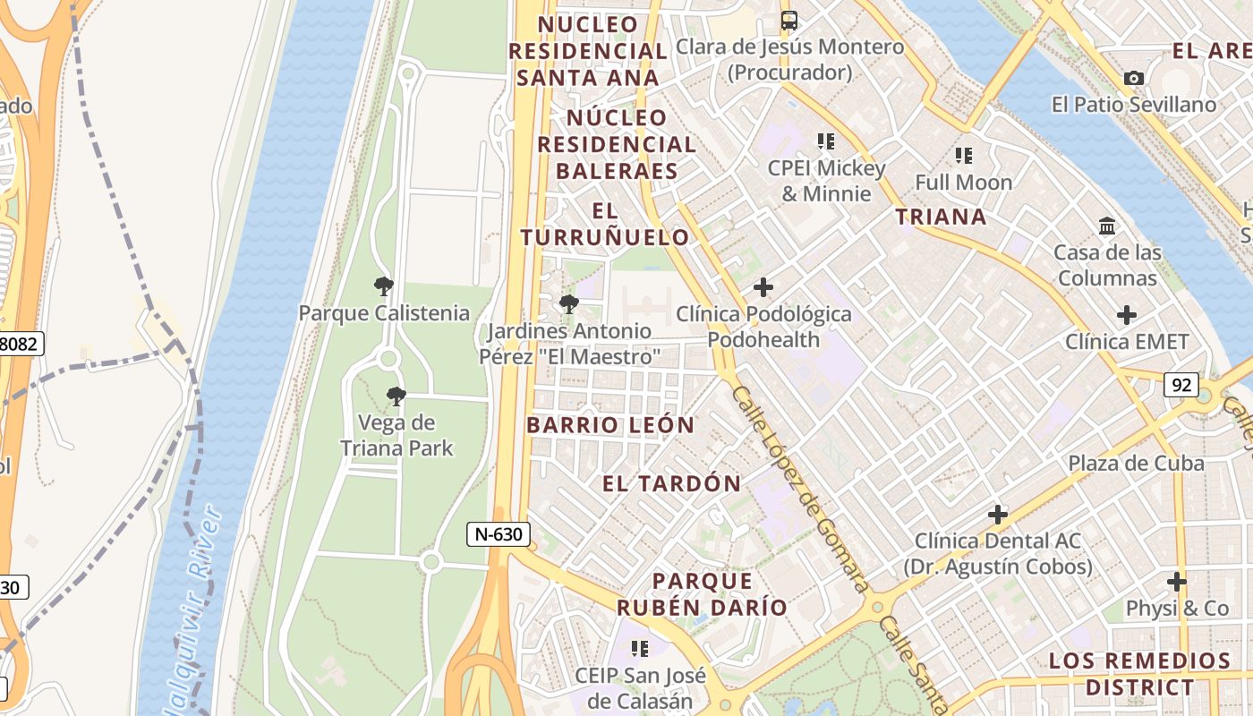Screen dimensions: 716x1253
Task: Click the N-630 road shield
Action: pyautogui.click(x=499, y=535)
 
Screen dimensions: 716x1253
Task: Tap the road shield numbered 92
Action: pyautogui.click(x=1181, y=385)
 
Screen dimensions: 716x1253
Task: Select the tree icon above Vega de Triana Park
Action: pyautogui.click(x=396, y=396)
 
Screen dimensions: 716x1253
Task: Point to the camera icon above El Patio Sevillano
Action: pyautogui.click(x=1134, y=79)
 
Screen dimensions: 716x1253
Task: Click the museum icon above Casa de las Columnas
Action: pyautogui.click(x=1107, y=226)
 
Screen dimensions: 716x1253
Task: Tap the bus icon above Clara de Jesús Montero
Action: pyautogui.click(x=788, y=21)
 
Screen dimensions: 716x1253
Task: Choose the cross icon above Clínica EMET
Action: pyautogui.click(x=1127, y=315)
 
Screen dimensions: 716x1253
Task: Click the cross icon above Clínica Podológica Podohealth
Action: pyautogui.click(x=763, y=287)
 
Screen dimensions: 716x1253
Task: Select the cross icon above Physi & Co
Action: pyautogui.click(x=1177, y=582)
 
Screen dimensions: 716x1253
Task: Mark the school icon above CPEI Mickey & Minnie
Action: pyautogui.click(x=825, y=141)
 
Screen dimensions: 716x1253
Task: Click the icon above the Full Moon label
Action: pyautogui.click(x=964, y=156)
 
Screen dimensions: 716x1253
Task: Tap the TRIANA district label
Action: pyautogui.click(x=941, y=217)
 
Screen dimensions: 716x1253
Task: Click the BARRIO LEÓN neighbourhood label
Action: pyautogui.click(x=610, y=425)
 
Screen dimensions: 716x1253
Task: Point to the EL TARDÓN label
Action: pyautogui.click(x=671, y=484)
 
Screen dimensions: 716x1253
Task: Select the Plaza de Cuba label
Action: pyautogui.click(x=1136, y=463)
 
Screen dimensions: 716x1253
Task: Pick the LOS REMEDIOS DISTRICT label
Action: pyautogui.click(x=1139, y=674)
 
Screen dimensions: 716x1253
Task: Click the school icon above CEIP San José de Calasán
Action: pyautogui.click(x=640, y=647)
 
